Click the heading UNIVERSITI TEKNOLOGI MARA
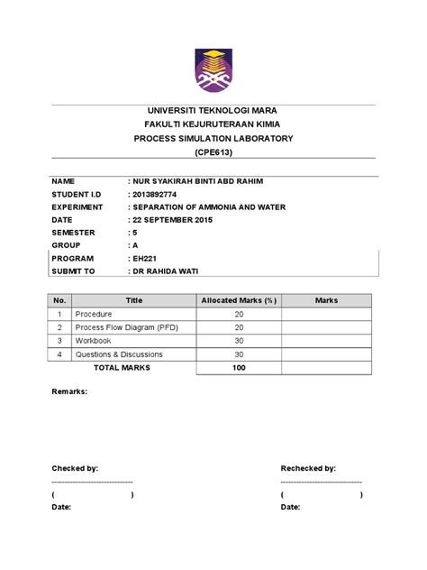213,110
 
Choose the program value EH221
146,257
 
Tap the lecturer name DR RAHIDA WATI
168,270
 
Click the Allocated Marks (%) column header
239,300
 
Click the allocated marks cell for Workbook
239,342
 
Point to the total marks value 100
239,368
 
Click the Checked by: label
75,469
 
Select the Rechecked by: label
308,469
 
